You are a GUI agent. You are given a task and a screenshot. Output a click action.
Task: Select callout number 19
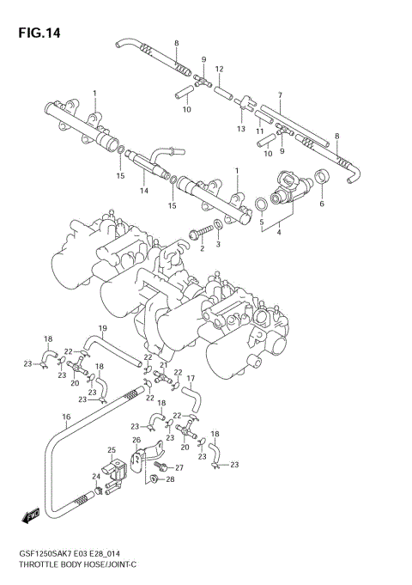click(x=102, y=328)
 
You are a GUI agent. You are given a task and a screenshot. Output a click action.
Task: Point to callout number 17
click(x=191, y=378)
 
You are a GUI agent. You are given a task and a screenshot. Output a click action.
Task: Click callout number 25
click(x=112, y=450)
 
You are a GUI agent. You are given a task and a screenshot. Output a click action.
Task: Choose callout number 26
click(x=136, y=441)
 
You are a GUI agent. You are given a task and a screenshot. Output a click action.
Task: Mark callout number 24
click(x=96, y=477)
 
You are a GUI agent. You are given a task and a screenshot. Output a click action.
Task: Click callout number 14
click(x=144, y=190)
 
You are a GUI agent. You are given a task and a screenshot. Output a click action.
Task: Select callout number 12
click(x=219, y=69)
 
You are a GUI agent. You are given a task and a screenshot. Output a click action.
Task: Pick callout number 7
click(x=280, y=94)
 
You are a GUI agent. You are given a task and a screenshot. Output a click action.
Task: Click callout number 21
click(x=163, y=365)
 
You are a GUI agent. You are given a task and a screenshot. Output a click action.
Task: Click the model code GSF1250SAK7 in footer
click(x=51, y=557)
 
